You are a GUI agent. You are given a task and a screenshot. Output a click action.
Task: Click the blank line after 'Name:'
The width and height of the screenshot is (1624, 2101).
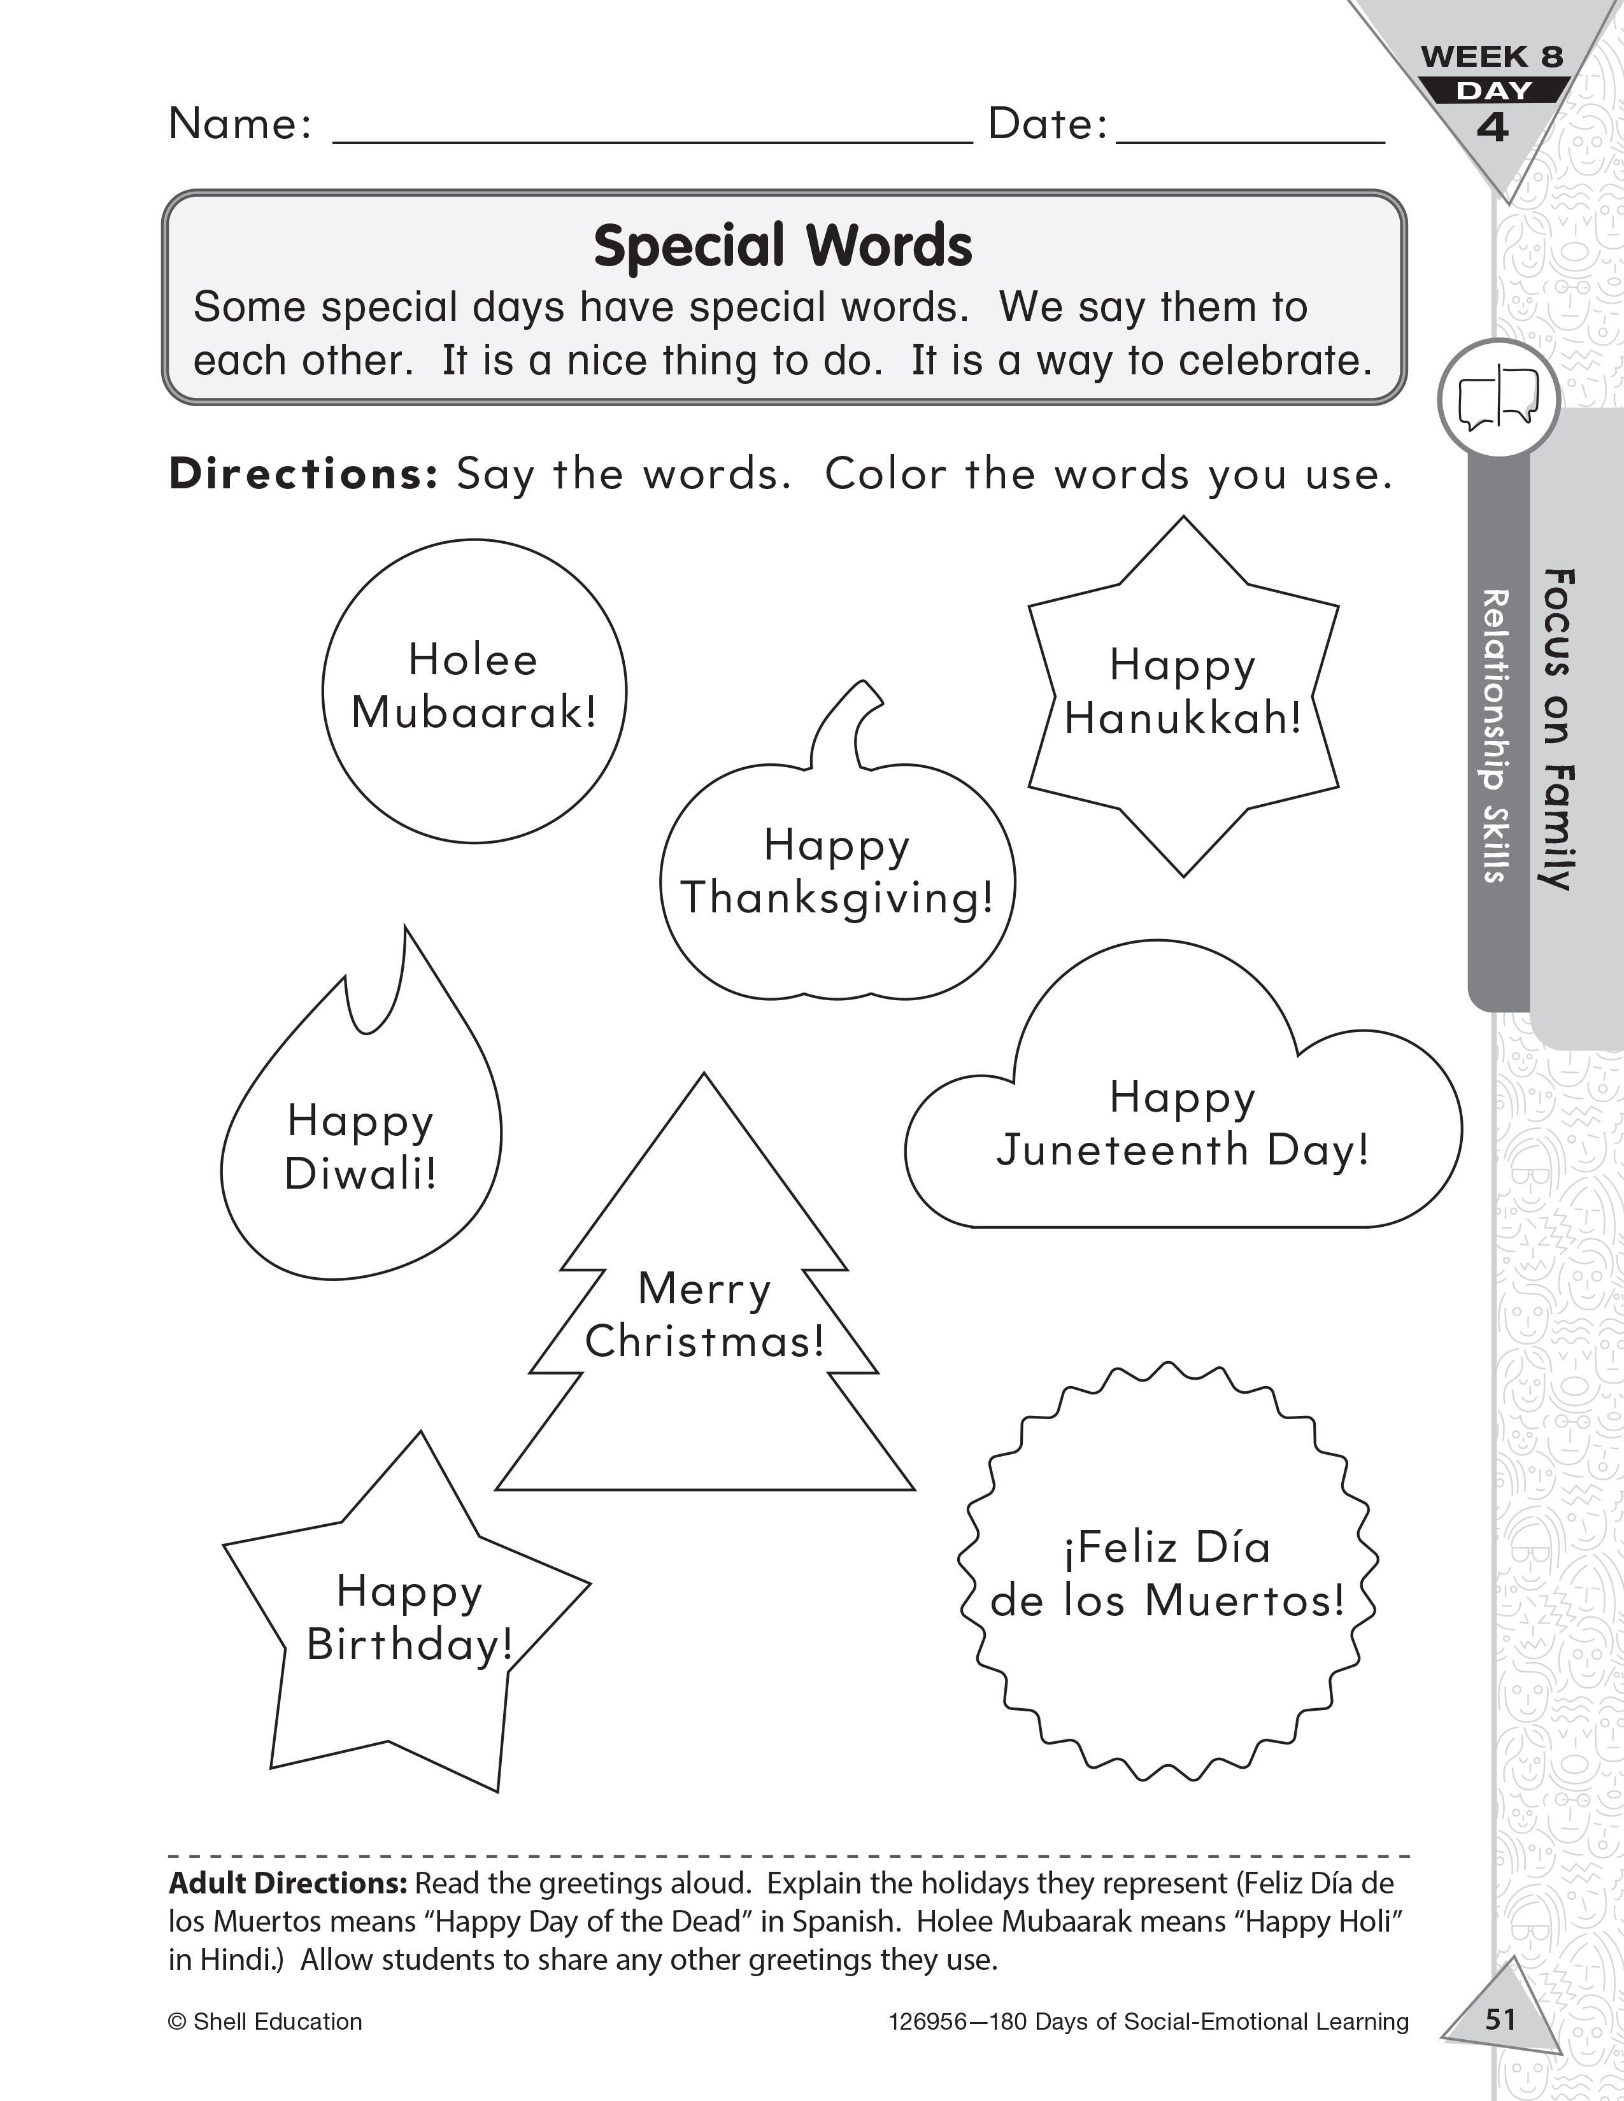point(652,135)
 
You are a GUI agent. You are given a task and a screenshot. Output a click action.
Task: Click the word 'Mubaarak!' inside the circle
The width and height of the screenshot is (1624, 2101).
point(473,714)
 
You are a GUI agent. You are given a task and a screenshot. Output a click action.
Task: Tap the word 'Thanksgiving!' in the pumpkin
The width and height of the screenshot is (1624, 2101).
point(836,898)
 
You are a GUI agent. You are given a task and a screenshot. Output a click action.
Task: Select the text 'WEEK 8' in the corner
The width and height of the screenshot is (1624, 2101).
point(1492,57)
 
